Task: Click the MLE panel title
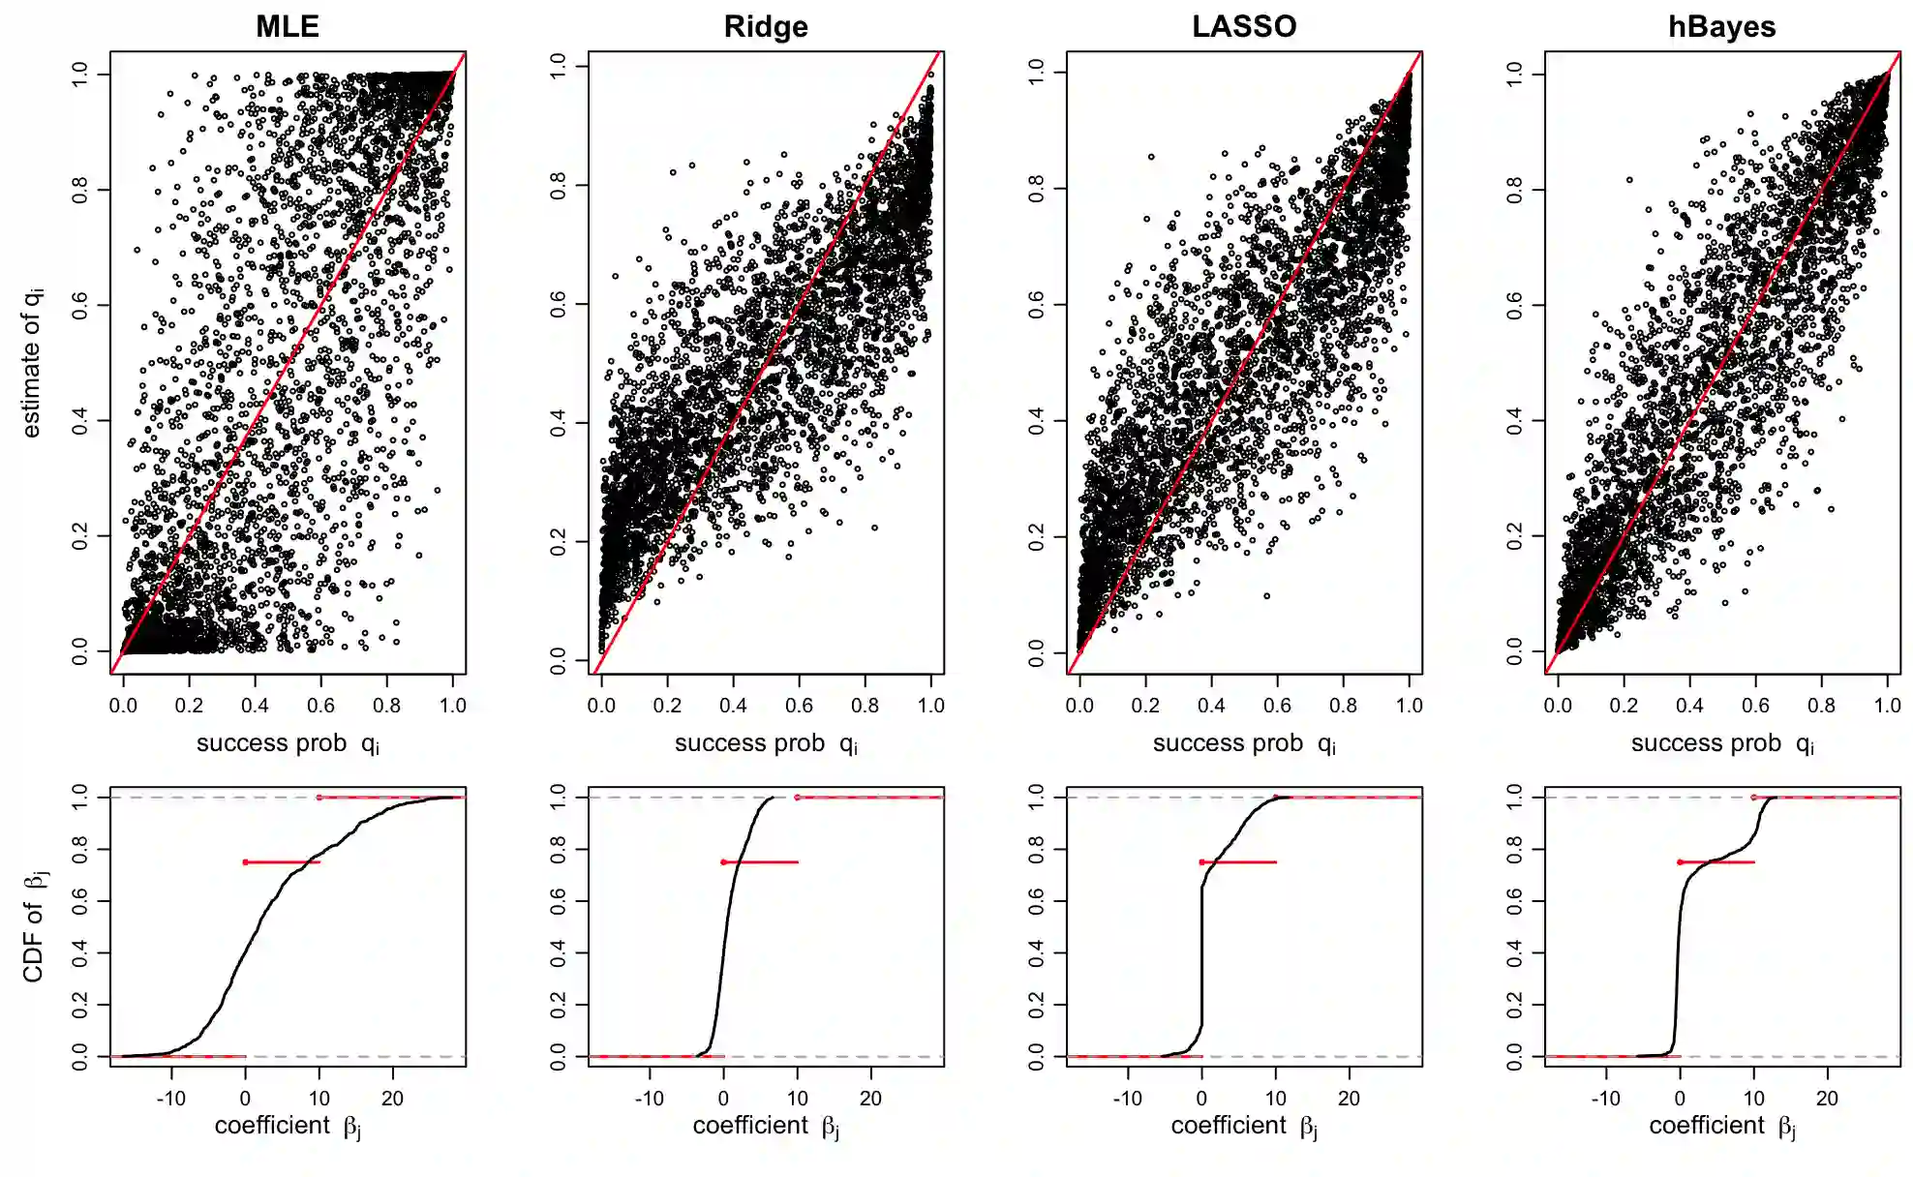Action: (x=288, y=26)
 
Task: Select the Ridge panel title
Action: (x=766, y=26)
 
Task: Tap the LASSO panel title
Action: (x=1244, y=26)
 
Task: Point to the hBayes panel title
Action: (x=1721, y=26)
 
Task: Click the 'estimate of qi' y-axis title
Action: (x=32, y=362)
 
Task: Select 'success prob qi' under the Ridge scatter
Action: (x=766, y=743)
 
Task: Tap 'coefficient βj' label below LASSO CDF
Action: (x=1244, y=1126)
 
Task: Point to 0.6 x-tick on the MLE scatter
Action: (x=320, y=706)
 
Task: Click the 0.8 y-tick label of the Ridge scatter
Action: (x=559, y=185)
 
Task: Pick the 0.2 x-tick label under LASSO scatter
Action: (x=1145, y=706)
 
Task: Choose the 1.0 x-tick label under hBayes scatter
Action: (x=1887, y=706)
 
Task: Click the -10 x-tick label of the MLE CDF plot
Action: (x=170, y=1099)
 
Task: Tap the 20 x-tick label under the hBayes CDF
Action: (x=1827, y=1099)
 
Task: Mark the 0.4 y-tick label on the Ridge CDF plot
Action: (x=559, y=953)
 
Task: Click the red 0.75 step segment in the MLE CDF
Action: (x=282, y=861)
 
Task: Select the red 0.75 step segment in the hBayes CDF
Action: (x=1716, y=861)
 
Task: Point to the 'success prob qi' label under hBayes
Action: (x=1721, y=743)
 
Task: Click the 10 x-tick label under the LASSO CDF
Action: (x=1276, y=1099)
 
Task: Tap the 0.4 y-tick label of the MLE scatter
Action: (x=80, y=421)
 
